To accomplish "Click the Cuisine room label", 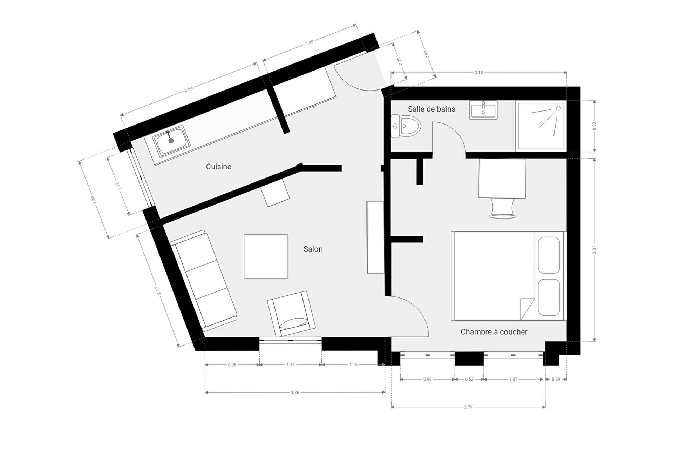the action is (218, 167).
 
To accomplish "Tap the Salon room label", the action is (313, 249).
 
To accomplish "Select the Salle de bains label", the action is (431, 109).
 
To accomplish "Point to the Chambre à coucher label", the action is (494, 332).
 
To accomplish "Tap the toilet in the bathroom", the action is (406, 126).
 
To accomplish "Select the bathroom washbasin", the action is (483, 110).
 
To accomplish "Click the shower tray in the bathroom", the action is (541, 126).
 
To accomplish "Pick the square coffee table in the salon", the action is (266, 256).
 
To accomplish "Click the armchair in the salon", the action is (291, 314).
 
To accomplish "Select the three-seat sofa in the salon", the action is (203, 280).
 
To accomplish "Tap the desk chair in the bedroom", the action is (502, 208).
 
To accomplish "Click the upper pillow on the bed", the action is (549, 255).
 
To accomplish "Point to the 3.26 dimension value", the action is (295, 392).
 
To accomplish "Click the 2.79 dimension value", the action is (468, 407).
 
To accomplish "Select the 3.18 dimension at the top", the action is (478, 73).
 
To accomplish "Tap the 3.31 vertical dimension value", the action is (594, 250).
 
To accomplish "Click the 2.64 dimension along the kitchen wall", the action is (189, 89).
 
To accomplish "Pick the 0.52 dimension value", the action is (469, 379).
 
